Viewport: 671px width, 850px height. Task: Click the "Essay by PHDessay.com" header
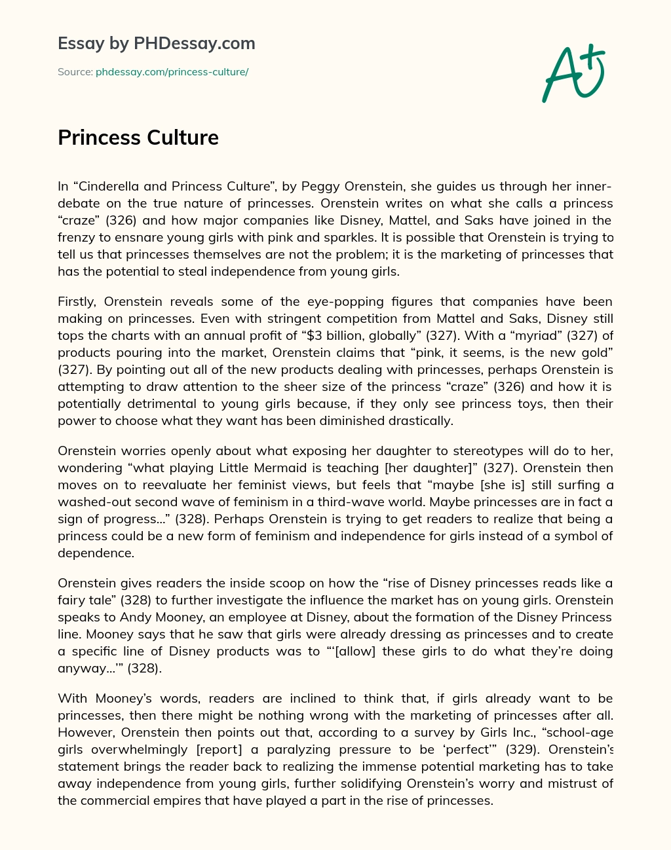tap(156, 44)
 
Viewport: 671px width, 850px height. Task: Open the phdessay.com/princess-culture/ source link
tap(172, 72)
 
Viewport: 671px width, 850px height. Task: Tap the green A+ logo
tap(573, 73)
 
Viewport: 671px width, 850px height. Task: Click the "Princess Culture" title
tap(138, 138)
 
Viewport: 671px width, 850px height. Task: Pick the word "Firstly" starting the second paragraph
tap(77, 301)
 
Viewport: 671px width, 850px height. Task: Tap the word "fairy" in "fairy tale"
tap(73, 600)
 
